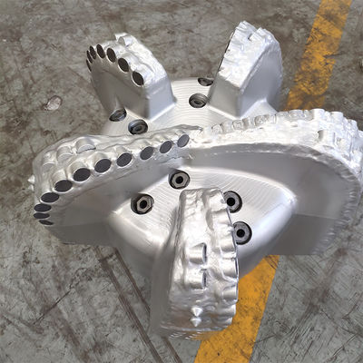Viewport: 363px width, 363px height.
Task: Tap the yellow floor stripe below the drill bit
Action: (x=238, y=309)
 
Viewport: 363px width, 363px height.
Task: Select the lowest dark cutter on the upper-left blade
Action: (x=138, y=79)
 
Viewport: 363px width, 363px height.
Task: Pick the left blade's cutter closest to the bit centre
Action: (x=182, y=141)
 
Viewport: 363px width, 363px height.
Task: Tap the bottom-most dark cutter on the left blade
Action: (x=43, y=218)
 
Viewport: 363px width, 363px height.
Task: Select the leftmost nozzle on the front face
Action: (x=142, y=204)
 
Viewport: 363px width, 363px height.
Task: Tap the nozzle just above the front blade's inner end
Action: (x=180, y=179)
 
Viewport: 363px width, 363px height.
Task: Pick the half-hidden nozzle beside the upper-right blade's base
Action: (x=207, y=83)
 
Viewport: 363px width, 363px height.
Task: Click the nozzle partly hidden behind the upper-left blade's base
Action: (x=118, y=115)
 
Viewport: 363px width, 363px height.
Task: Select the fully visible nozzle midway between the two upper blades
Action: (x=197, y=101)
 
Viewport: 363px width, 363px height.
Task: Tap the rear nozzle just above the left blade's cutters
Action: (x=137, y=127)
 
